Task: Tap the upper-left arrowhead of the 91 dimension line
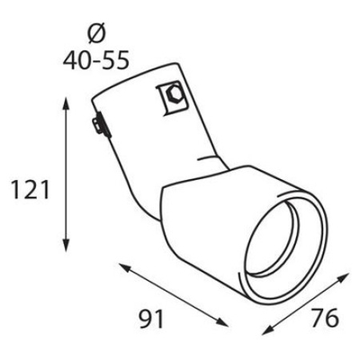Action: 121,265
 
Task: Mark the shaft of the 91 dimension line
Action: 175,296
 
